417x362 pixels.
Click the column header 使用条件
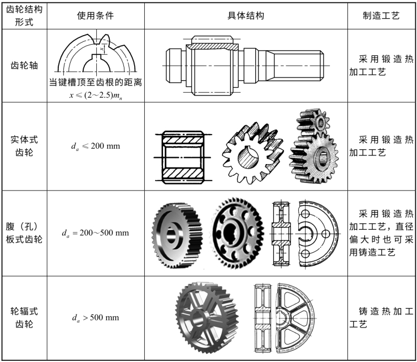[95, 15]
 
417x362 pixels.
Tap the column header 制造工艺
[381, 15]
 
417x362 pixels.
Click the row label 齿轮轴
[23, 64]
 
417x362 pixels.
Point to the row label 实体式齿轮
[23, 146]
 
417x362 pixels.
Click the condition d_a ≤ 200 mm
[95, 146]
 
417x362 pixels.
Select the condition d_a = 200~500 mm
[95, 232]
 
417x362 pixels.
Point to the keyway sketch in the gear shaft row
[95, 54]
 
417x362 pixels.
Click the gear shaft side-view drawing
[244, 64]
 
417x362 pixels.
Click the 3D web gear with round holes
[237, 231]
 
